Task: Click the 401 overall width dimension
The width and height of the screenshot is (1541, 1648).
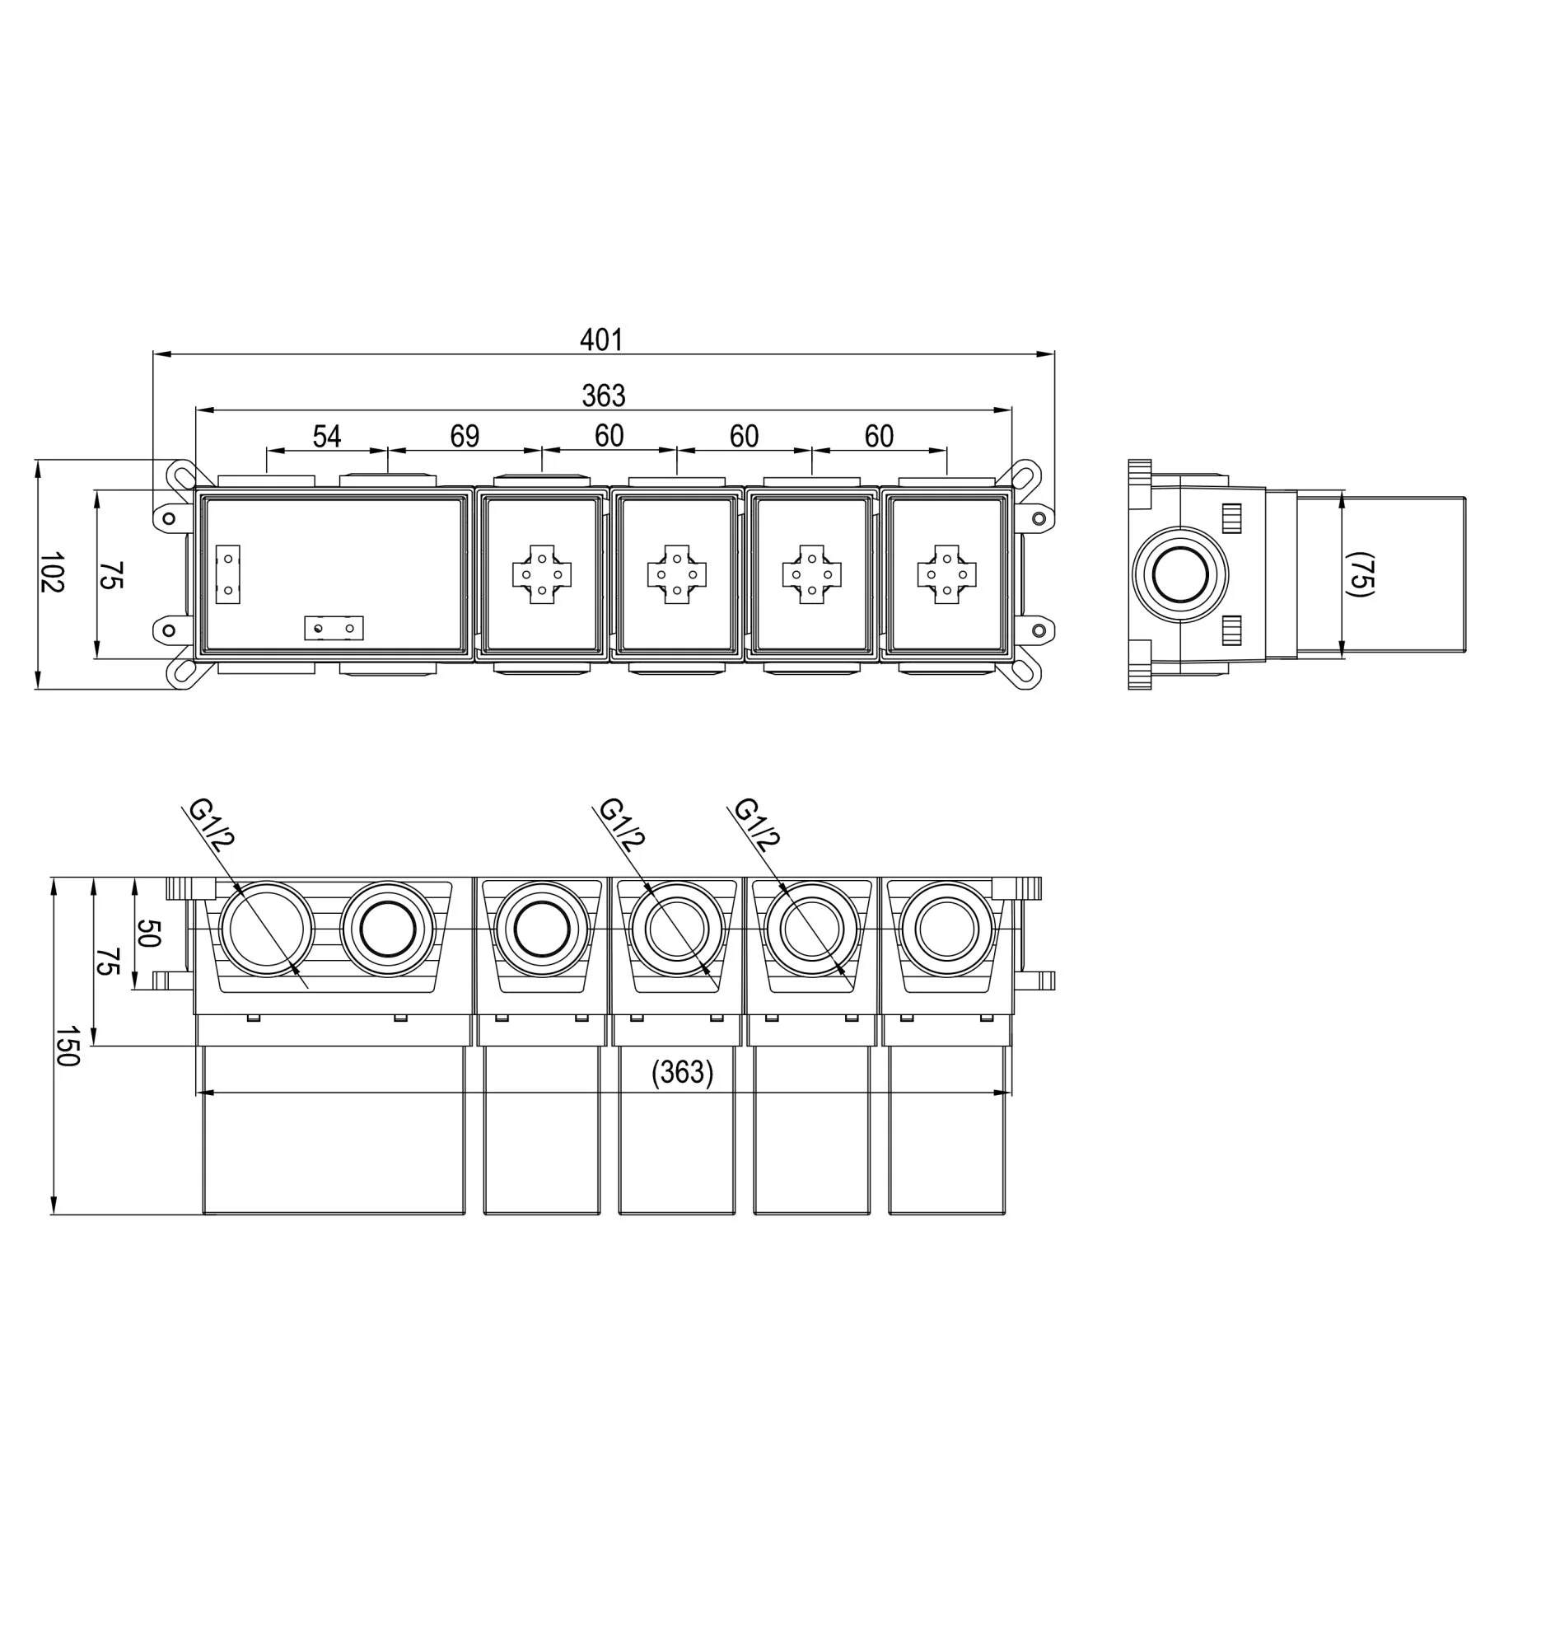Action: [x=600, y=339]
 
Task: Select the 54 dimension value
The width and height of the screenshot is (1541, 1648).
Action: [x=326, y=436]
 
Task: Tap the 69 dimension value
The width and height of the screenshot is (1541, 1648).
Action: [x=465, y=436]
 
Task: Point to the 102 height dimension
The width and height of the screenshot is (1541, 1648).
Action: [x=51, y=572]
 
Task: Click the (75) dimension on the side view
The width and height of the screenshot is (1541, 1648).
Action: [x=1360, y=574]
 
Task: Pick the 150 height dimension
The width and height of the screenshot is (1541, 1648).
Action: [x=67, y=1046]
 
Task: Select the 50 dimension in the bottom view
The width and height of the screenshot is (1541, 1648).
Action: [x=147, y=933]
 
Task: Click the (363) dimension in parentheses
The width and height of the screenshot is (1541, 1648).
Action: [x=682, y=1072]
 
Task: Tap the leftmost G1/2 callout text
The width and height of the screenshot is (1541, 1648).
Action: [x=212, y=824]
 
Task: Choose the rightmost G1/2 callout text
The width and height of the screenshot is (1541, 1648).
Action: [x=756, y=824]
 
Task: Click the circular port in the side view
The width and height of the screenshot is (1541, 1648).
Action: [x=1179, y=574]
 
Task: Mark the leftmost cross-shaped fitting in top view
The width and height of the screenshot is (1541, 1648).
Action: [x=542, y=574]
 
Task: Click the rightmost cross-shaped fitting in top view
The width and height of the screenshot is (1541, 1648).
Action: [x=947, y=574]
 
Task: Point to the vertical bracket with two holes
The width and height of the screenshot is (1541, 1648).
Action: [x=228, y=574]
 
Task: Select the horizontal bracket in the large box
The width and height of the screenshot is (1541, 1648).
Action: [x=334, y=629]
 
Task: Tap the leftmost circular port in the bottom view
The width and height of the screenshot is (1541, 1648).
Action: [x=266, y=929]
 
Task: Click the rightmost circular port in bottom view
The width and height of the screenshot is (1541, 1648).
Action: [x=946, y=929]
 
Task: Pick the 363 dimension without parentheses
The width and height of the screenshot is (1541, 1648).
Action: [x=603, y=396]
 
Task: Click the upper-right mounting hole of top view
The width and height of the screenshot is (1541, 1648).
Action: [x=1039, y=519]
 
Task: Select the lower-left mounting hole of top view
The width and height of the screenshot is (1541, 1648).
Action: [x=169, y=631]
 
